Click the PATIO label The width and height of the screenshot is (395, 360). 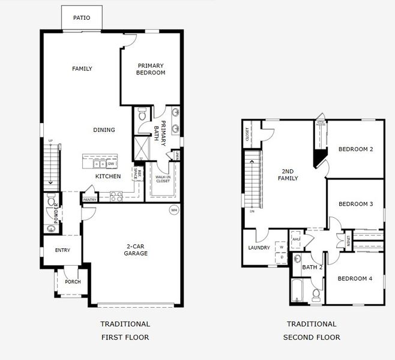(x=82, y=18)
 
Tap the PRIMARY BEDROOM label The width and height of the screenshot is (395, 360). (x=151, y=69)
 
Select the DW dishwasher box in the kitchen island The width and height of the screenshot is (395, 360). (x=112, y=164)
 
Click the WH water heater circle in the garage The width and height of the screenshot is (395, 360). (x=174, y=210)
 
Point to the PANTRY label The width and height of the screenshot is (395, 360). (x=90, y=200)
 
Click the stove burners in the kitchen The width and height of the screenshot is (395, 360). (x=116, y=196)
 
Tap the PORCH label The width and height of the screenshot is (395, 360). (x=73, y=282)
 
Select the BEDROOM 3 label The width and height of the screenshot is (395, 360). (x=355, y=204)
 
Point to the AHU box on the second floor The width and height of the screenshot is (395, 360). (x=295, y=239)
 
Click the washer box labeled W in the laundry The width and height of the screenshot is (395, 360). (x=281, y=247)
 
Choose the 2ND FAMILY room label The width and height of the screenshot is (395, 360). (x=286, y=175)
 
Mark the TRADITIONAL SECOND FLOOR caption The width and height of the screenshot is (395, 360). (x=311, y=331)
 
